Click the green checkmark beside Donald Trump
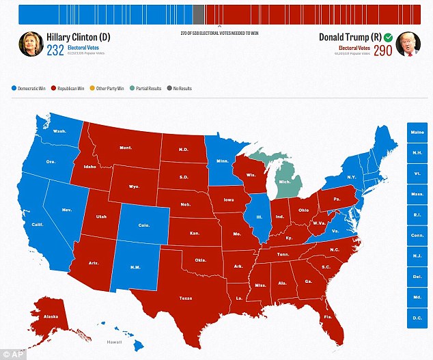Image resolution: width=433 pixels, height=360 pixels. [x=388, y=38]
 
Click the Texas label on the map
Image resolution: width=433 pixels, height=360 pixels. [x=186, y=298]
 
